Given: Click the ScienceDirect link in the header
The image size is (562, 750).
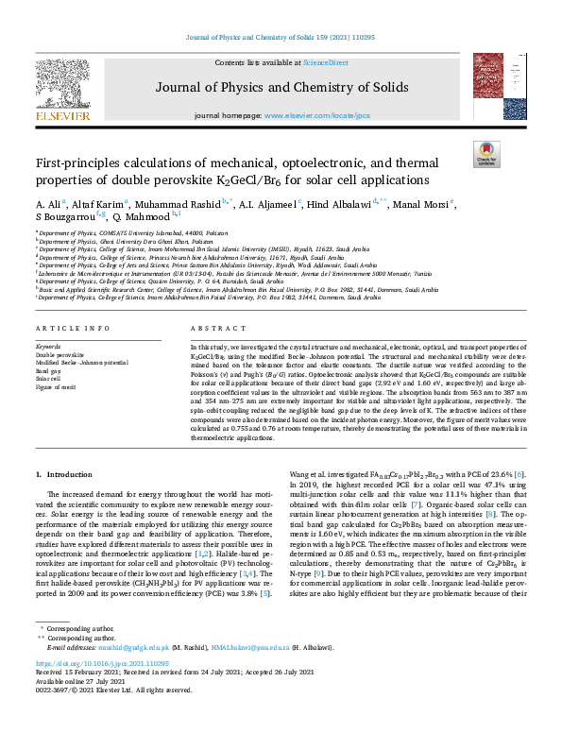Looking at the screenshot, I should click(325, 62).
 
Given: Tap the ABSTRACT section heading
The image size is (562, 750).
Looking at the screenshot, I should click(213, 328).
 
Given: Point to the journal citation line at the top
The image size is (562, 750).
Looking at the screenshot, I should click(281, 37).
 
